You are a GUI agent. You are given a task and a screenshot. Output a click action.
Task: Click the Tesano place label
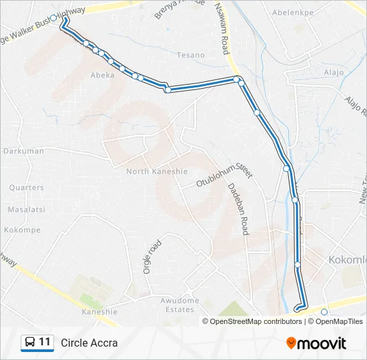pyautogui.click(x=191, y=55)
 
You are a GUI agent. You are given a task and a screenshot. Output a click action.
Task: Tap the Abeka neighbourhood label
pyautogui.click(x=103, y=75)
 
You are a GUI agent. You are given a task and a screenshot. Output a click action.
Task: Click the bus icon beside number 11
pyautogui.click(x=29, y=343)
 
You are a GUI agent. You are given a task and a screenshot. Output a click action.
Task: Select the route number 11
pyautogui.click(x=45, y=343)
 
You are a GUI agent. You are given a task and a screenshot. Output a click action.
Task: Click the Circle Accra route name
pyautogui.click(x=89, y=343)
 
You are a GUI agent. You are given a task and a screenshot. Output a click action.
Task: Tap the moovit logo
pyautogui.click(x=316, y=343)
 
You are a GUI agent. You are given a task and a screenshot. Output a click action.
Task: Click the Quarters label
pyautogui.click(x=27, y=188)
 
